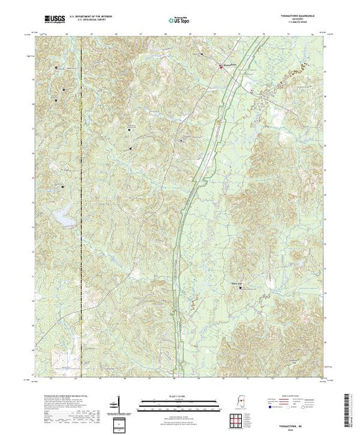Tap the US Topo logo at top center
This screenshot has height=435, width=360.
[179, 21]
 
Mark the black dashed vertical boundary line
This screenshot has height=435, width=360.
[81, 207]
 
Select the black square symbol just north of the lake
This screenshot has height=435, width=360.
[64, 186]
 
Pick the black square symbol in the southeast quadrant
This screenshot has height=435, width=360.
[241, 288]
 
